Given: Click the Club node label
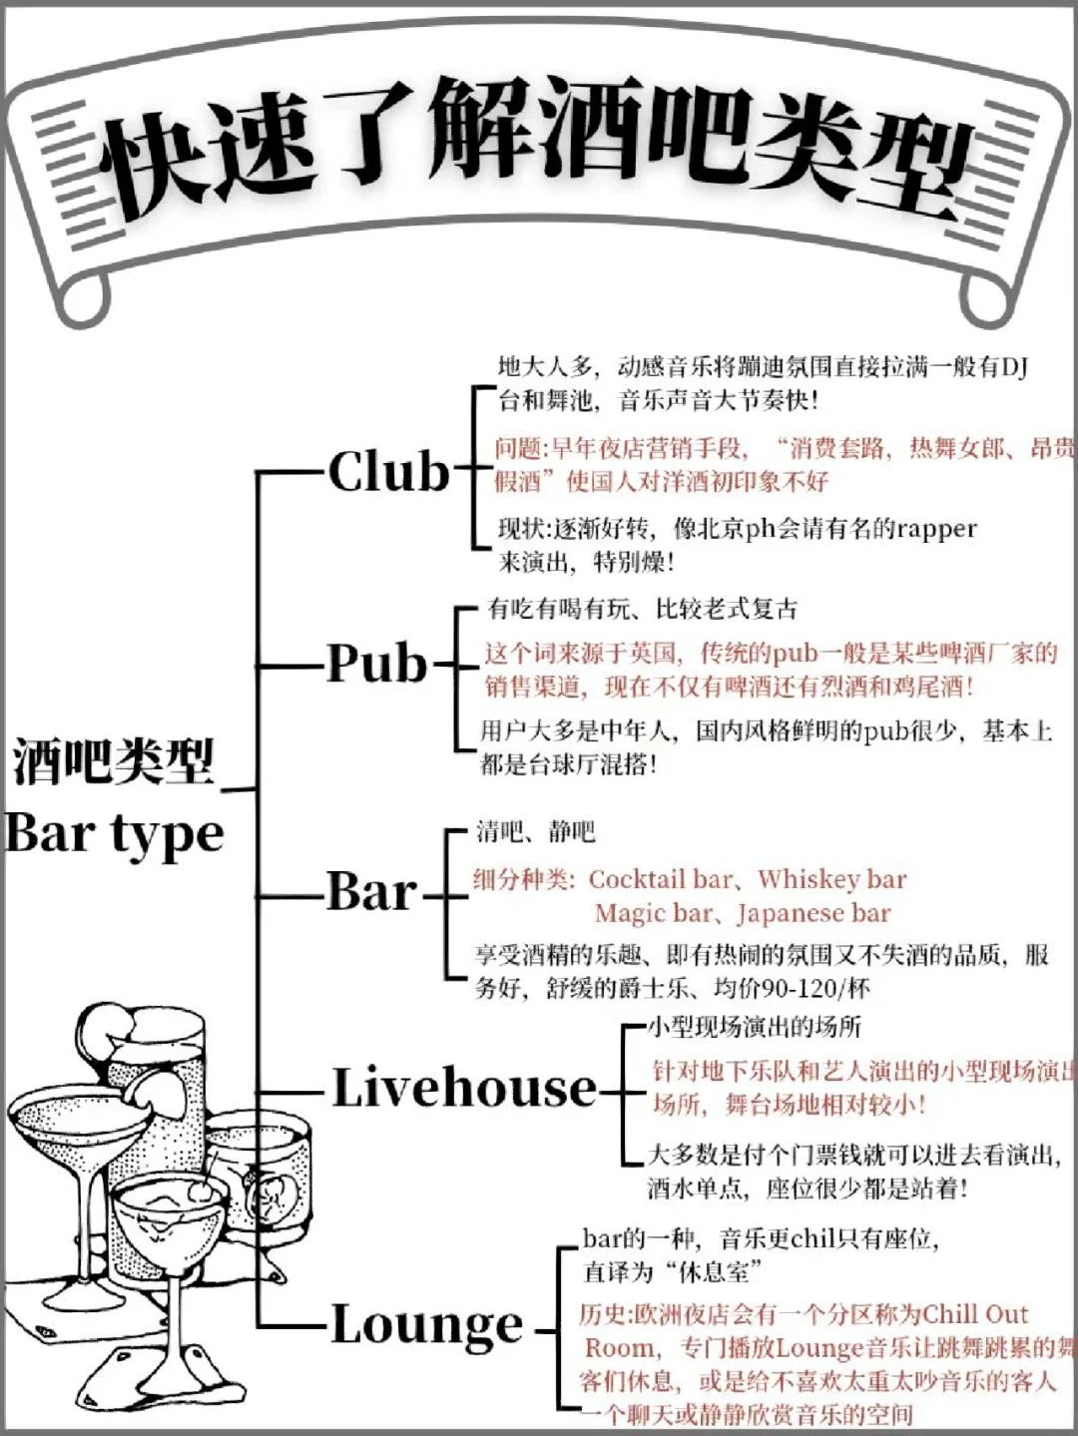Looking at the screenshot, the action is point(389,471).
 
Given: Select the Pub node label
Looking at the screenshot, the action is point(377,663).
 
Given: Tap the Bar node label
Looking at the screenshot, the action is point(371,891).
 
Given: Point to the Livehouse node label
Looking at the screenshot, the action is point(464,1088).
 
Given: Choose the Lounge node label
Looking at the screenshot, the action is point(427,1325).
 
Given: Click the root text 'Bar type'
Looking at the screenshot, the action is point(114,834).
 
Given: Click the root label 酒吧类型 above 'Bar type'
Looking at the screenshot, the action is point(114,763).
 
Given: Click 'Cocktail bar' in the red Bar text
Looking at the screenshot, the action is point(661,879).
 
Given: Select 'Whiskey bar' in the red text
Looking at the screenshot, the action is point(831,879).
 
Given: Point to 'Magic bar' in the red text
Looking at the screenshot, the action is point(653,913).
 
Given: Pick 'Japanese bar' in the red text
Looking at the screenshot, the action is point(813,913).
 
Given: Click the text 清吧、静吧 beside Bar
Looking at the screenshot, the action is point(535,831).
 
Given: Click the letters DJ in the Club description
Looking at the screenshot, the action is point(1014,367).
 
